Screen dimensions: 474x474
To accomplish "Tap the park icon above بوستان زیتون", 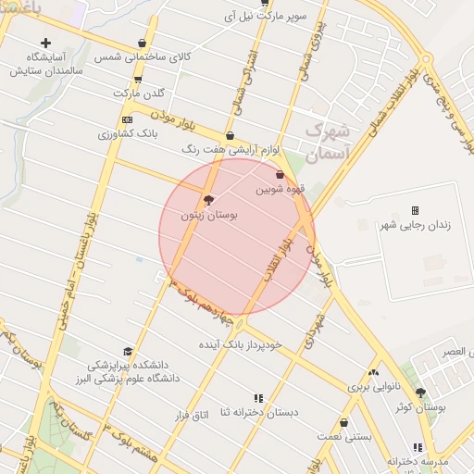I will (x=208, y=200).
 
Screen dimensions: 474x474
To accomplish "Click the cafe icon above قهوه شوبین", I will (x=280, y=174).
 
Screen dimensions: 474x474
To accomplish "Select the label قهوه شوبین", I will (x=278, y=189).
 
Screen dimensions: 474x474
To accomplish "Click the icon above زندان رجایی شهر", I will (x=415, y=210).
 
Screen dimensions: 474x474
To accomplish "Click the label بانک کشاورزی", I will (x=129, y=134).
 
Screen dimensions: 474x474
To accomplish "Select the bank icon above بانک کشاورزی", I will (x=127, y=119).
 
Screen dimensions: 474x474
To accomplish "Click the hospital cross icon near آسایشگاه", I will (x=45, y=43).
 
